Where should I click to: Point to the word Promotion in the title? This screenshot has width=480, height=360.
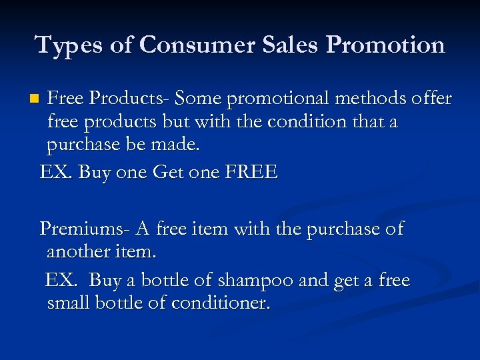[386, 45]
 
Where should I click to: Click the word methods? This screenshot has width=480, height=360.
[368, 99]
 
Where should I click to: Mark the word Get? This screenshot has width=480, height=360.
[169, 173]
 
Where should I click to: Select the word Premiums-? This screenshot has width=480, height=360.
[84, 229]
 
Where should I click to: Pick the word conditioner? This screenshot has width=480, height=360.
[220, 304]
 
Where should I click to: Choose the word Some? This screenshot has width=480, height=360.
[198, 99]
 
